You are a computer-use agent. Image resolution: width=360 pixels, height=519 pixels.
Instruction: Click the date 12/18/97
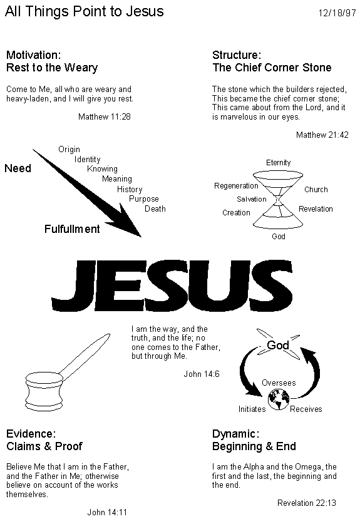[337, 13]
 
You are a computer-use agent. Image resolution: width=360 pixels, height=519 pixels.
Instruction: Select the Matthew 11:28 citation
[105, 116]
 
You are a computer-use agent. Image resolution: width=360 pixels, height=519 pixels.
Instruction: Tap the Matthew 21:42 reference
[322, 135]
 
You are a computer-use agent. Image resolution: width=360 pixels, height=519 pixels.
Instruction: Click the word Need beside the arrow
[18, 168]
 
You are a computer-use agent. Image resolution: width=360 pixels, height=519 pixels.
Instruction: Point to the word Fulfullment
[72, 229]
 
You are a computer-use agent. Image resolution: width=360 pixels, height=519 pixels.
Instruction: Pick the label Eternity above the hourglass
[278, 163]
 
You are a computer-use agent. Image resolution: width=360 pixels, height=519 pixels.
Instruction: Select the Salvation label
[252, 199]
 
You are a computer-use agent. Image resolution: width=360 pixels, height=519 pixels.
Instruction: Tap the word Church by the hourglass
[316, 189]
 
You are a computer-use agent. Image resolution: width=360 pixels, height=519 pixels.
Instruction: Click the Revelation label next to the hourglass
[316, 209]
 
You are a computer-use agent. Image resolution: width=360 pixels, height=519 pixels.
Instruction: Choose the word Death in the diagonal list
[155, 208]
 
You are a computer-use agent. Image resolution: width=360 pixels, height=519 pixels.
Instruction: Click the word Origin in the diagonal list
[69, 149]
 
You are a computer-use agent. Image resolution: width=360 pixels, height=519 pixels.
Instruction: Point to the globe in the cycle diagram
[279, 399]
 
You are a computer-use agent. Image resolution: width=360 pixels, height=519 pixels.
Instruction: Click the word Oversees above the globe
[279, 383]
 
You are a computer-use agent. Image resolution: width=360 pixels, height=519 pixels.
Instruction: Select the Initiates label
[252, 409]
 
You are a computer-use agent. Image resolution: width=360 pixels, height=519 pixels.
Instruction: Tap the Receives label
[306, 409]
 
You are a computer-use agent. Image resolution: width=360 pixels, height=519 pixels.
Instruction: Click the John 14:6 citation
[202, 374]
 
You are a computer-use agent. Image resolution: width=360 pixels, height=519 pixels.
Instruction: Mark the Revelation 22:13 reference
[307, 503]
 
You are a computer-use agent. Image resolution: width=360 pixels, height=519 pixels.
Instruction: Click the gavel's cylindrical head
[44, 391]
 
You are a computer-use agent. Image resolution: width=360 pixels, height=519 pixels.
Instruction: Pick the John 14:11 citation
[107, 512]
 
